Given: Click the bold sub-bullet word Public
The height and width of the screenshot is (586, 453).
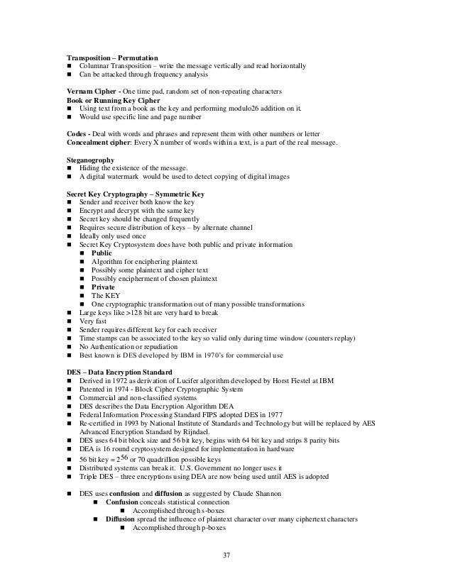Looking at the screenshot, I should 102,253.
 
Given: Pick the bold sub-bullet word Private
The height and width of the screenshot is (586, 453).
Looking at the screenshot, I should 102,287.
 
